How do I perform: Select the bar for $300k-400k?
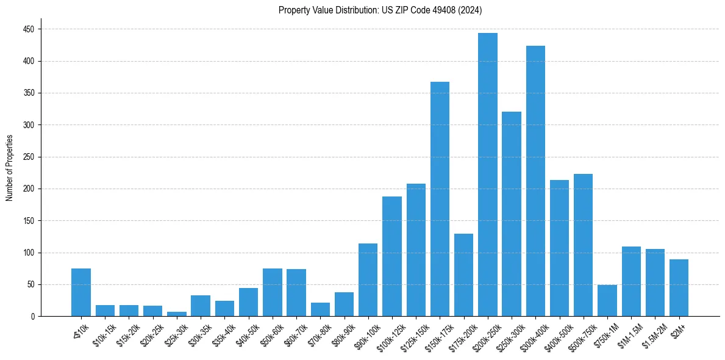(x=535, y=181)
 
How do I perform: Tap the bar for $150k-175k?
(x=440, y=199)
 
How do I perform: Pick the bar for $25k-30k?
(x=177, y=314)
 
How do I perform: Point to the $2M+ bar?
(x=679, y=288)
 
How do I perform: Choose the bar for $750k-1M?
(x=607, y=301)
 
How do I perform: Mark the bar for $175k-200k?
(x=463, y=275)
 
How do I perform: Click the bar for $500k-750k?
(x=583, y=245)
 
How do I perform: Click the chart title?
(x=380, y=10)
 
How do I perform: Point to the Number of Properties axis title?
(x=9, y=168)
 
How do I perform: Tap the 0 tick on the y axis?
(x=33, y=317)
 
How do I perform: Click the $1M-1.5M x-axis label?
(x=628, y=333)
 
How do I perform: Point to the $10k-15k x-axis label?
(x=104, y=333)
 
